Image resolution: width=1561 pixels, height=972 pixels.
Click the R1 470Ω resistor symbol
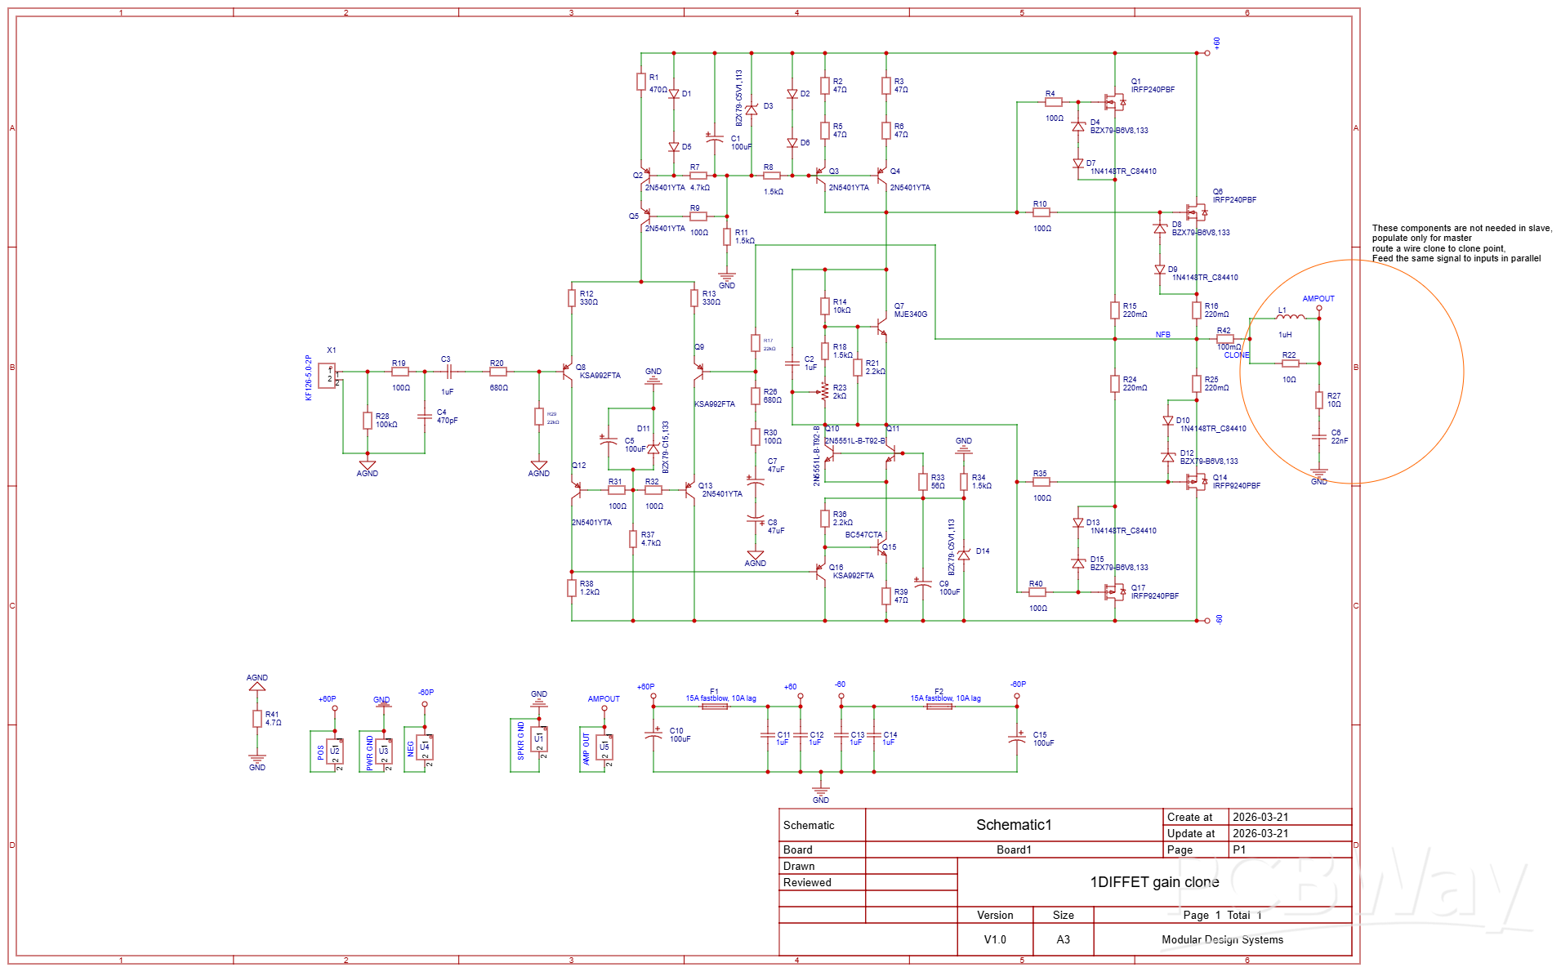[641, 82]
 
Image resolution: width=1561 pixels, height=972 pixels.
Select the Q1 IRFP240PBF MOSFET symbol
[1114, 101]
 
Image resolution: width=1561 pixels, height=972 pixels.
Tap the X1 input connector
[328, 376]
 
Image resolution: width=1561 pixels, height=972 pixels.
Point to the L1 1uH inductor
[1291, 318]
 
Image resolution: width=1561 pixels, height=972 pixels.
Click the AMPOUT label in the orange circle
[1318, 299]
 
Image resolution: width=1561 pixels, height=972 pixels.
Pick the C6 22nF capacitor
[1318, 437]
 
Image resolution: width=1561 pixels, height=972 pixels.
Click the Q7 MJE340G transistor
[882, 327]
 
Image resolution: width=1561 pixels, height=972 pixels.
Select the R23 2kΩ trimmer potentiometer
[825, 392]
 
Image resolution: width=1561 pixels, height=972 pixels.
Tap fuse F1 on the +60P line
[715, 707]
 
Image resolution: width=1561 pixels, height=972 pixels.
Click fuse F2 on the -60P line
[939, 707]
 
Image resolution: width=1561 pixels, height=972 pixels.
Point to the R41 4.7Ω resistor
[257, 719]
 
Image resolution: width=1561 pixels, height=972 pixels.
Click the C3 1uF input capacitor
[448, 372]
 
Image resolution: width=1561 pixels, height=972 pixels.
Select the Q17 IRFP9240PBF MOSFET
[1113, 591]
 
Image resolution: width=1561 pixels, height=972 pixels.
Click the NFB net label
[1162, 335]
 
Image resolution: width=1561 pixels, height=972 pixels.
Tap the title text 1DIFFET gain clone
[1153, 882]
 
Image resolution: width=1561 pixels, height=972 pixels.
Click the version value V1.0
[994, 939]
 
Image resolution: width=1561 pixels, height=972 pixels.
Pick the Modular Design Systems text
[1222, 939]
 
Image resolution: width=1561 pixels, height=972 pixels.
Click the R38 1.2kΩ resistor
[572, 588]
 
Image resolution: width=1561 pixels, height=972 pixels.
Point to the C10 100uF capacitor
[653, 735]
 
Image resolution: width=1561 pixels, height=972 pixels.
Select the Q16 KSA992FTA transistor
[820, 571]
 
